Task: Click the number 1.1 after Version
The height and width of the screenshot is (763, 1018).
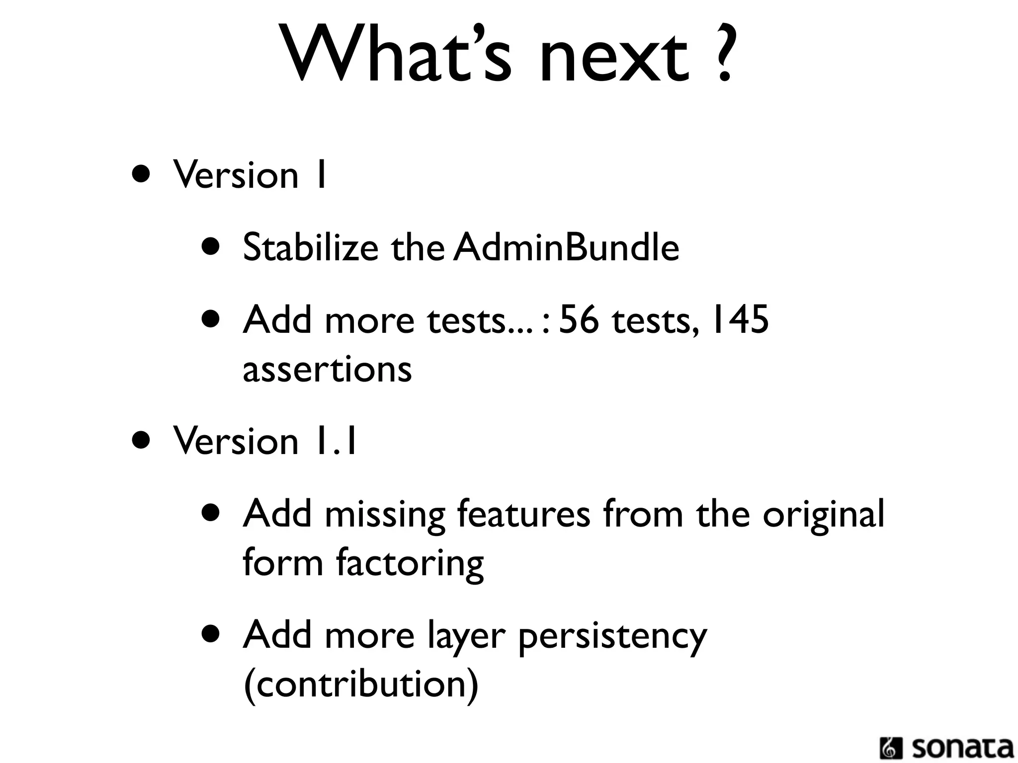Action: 334,441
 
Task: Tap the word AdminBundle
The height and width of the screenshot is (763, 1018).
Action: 566,247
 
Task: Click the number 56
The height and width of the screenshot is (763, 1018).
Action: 579,319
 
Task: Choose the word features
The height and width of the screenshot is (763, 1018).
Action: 524,514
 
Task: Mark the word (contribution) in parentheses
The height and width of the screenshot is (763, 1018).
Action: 361,685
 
